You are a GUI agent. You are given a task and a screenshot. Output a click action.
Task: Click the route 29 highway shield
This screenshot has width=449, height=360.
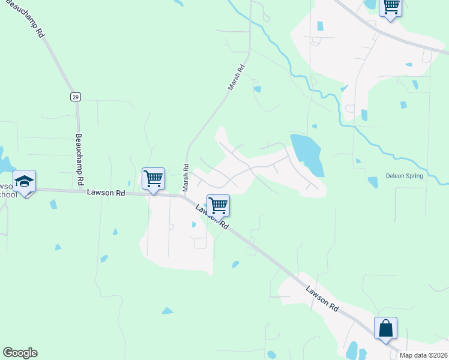(75, 97)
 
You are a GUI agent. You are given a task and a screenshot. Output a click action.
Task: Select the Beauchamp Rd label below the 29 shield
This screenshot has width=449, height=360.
(79, 152)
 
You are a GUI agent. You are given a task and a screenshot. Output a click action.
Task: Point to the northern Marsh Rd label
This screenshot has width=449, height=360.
(238, 78)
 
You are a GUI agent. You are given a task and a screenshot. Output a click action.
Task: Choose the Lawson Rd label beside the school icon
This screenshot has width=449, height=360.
(106, 193)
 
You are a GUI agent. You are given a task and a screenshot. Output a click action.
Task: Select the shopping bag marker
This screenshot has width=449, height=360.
(385, 329)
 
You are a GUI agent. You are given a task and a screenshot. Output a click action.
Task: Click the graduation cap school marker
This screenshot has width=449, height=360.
(25, 182)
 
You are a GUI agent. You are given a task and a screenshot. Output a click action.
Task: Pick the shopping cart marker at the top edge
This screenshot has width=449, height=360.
(391, 7)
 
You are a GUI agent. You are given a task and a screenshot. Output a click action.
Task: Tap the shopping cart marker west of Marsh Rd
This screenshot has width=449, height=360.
(153, 179)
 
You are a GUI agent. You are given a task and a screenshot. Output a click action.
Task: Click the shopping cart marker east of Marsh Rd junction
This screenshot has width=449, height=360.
(218, 206)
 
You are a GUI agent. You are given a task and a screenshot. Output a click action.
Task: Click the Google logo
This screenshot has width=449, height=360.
(20, 353)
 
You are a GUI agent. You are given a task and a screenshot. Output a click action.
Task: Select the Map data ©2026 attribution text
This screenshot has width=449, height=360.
(423, 355)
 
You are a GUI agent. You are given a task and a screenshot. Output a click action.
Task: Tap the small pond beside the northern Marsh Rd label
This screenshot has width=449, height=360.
(257, 89)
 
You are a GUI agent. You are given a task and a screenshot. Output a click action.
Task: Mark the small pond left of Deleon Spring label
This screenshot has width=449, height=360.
(372, 182)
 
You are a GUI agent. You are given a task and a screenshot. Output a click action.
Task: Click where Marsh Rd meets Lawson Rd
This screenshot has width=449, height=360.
(185, 195)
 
